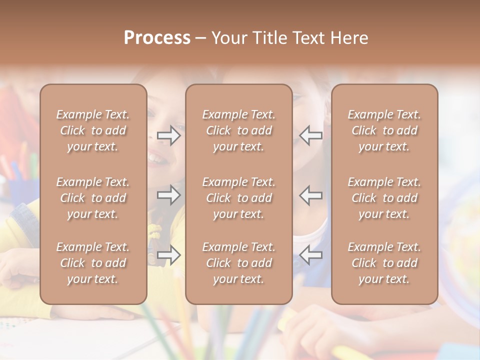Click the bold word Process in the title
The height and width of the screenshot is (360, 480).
(157, 38)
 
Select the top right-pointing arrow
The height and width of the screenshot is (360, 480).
(168, 135)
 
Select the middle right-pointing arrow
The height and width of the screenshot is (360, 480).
(168, 195)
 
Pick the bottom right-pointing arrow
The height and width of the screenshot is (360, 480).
(168, 255)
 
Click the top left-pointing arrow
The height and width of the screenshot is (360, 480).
(311, 135)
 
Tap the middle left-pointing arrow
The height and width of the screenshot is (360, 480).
(311, 195)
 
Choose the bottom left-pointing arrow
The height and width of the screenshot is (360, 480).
(311, 255)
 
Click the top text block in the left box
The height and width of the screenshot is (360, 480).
(93, 130)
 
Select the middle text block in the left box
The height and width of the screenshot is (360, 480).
(93, 198)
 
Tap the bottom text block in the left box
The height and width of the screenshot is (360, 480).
(93, 263)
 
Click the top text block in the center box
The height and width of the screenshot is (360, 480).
(239, 130)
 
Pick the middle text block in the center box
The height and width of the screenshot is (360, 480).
(239, 198)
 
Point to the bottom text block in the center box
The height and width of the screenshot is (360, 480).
(239, 263)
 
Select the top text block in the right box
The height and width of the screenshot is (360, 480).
(384, 130)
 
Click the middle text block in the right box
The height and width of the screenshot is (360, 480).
(384, 198)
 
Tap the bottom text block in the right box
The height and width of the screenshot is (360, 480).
(384, 263)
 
